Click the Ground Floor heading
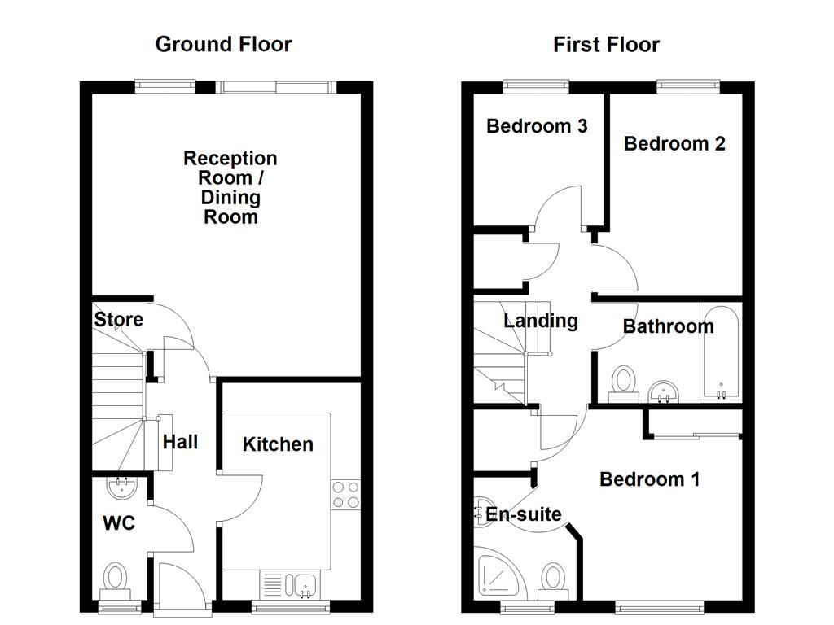click(x=223, y=44)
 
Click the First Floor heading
click(x=606, y=44)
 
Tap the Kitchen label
click(x=278, y=444)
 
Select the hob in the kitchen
click(x=345, y=495)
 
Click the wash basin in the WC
click(x=122, y=487)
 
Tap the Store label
click(x=119, y=319)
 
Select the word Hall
click(x=180, y=442)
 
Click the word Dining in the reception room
click(x=230, y=197)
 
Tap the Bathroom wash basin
click(x=663, y=391)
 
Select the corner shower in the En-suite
click(x=498, y=575)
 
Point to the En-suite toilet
click(x=553, y=582)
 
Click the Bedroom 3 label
click(x=537, y=126)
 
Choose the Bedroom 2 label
click(x=674, y=143)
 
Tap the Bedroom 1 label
click(x=649, y=479)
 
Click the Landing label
click(x=541, y=321)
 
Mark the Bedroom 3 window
click(x=536, y=86)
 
